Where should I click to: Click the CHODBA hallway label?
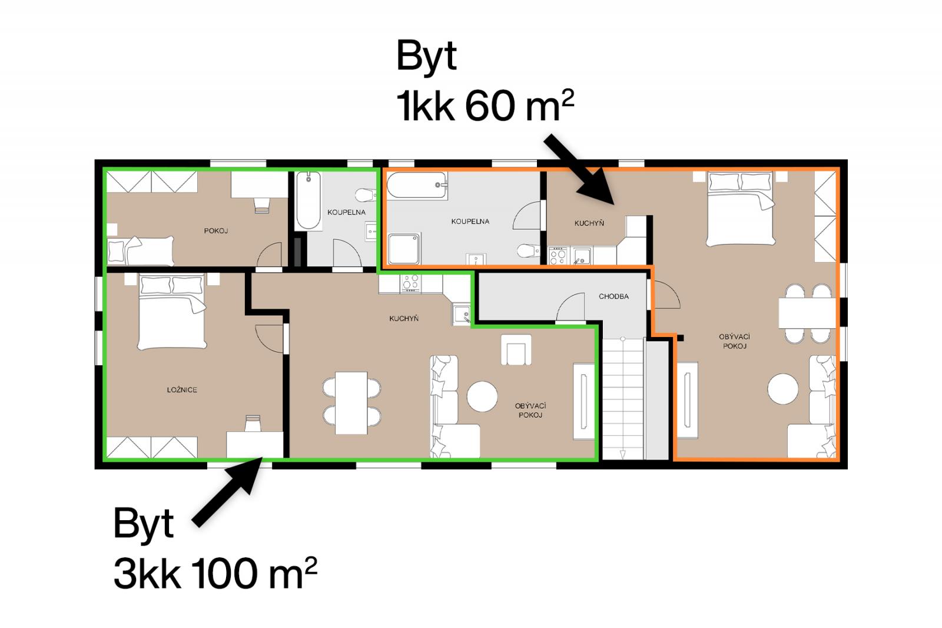[x=613, y=296]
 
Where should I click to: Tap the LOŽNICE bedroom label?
[x=182, y=390]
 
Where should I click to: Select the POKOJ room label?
[x=215, y=231]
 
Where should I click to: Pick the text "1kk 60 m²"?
[x=485, y=105]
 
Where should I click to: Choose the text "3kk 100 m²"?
[x=215, y=573]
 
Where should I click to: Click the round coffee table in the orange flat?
[x=782, y=388]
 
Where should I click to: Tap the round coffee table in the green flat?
[x=482, y=396]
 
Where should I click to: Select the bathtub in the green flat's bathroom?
[x=309, y=200]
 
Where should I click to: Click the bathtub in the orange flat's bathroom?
[x=417, y=185]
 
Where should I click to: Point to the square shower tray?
[x=404, y=249]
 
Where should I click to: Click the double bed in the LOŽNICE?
[x=172, y=312]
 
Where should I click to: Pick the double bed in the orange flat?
[x=741, y=209]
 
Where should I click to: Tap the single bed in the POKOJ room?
[x=141, y=251]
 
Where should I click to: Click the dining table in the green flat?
[x=351, y=403]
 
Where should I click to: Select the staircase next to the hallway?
[x=623, y=398]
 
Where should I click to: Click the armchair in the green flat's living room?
[x=516, y=350]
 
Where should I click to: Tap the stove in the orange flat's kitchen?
[x=558, y=256]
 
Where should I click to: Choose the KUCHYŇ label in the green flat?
[x=404, y=319]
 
